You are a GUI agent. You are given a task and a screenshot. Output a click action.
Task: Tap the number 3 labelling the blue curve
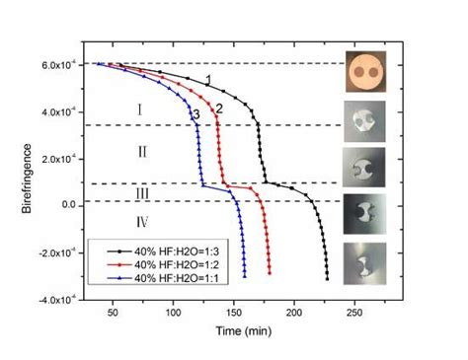pos(196,115)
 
